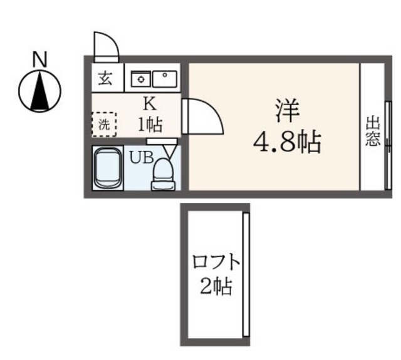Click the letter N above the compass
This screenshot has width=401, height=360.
[40, 59]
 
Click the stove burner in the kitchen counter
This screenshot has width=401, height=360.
[140, 79]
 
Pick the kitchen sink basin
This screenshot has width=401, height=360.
[165, 79]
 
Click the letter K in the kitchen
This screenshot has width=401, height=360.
[150, 104]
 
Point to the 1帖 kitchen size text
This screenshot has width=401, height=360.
[150, 125]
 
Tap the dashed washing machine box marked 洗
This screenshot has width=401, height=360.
[104, 125]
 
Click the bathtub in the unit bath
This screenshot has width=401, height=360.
[108, 168]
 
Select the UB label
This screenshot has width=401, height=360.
[141, 157]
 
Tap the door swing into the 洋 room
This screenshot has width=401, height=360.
[203, 116]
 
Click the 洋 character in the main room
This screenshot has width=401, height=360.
[287, 110]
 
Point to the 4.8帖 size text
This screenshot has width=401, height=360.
[287, 142]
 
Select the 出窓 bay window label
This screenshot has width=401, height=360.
[373, 131]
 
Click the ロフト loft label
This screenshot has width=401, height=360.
[216, 262]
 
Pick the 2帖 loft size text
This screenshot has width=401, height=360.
[216, 286]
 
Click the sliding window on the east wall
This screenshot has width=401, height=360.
[388, 146]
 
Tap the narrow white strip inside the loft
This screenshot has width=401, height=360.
[246, 274]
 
